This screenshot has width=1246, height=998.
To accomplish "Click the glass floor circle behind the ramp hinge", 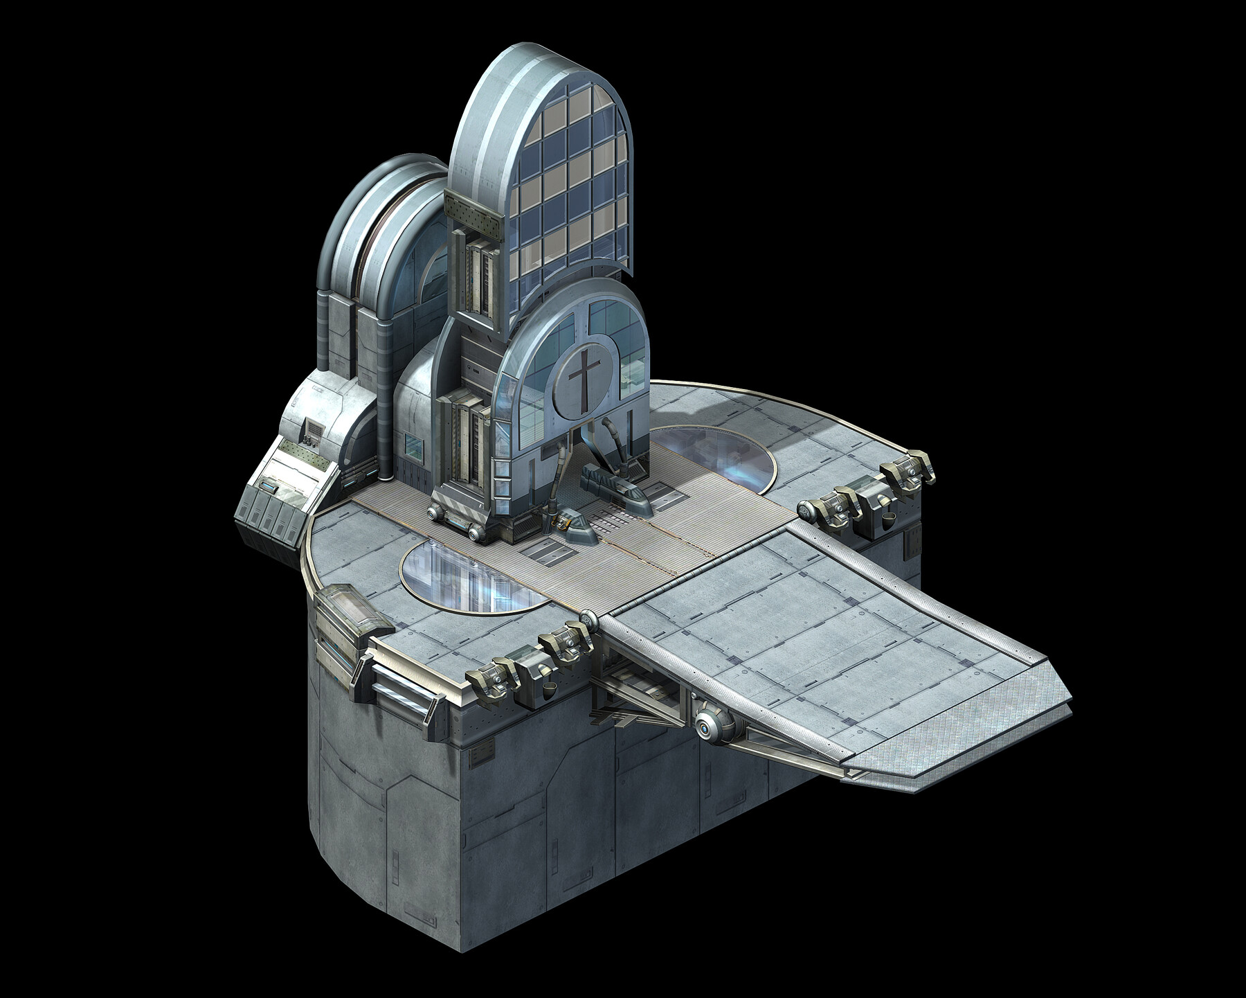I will coord(713,457).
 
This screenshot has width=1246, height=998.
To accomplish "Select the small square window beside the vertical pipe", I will coord(414,447).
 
